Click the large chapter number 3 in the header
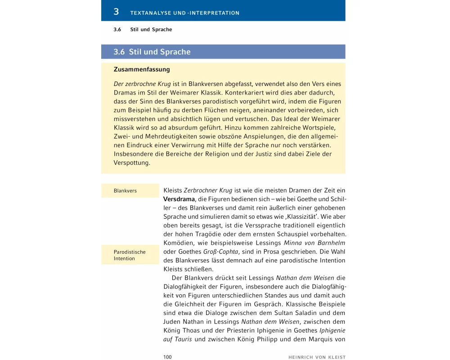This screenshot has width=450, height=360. tap(116, 12)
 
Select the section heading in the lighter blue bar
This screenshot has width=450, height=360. tap(152, 52)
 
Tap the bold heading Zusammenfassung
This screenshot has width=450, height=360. tap(142, 70)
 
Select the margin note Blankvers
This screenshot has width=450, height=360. tap(126, 191)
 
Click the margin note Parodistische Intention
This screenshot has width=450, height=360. tap(130, 255)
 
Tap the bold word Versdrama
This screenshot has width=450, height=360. tap(179, 199)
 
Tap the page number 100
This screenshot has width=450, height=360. tap(167, 357)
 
